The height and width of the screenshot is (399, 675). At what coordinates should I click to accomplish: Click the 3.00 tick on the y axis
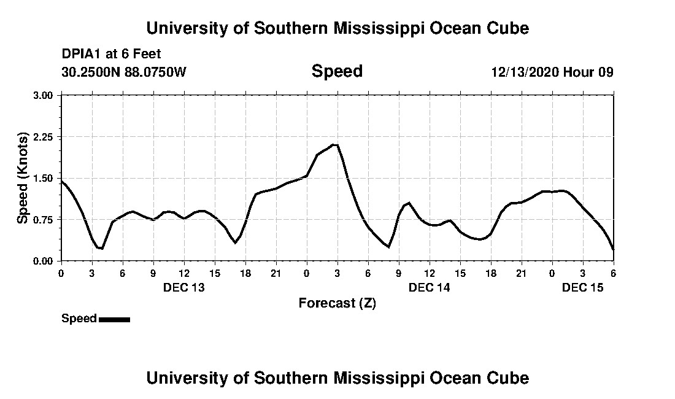[x=45, y=95]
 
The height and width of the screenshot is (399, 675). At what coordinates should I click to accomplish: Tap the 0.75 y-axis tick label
[x=45, y=219]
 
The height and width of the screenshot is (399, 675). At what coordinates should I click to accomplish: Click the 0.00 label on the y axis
[x=45, y=261]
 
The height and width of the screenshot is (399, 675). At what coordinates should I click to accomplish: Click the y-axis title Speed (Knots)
[x=22, y=178]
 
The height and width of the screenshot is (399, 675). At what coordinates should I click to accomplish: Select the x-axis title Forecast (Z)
[x=337, y=303]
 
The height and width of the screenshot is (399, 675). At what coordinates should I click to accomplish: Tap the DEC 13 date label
[x=184, y=287]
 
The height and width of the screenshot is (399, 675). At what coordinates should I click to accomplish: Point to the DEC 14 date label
[x=430, y=287]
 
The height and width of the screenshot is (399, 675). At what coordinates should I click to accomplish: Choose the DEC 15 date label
[x=583, y=287]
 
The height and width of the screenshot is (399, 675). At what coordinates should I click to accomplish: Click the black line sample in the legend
[x=114, y=319]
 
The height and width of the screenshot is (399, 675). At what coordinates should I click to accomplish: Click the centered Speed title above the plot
[x=337, y=71]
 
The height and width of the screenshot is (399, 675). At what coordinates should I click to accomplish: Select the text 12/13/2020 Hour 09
[x=552, y=72]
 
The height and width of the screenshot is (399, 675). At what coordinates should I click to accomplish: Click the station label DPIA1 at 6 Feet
[x=111, y=54]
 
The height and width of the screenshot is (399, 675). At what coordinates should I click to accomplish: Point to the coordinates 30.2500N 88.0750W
[x=123, y=72]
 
